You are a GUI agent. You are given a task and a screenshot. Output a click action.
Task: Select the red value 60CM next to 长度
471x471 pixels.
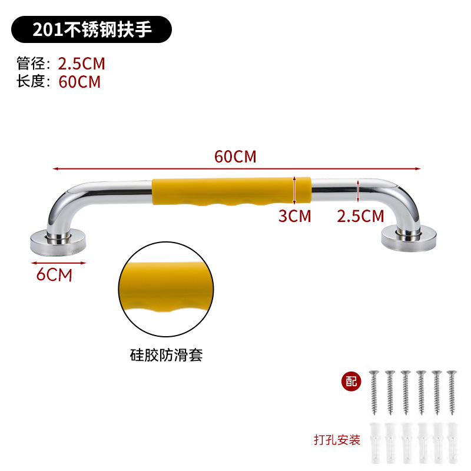(79, 81)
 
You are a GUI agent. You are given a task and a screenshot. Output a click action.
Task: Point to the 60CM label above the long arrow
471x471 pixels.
(235, 157)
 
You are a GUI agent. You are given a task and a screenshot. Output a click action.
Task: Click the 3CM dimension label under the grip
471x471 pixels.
(294, 216)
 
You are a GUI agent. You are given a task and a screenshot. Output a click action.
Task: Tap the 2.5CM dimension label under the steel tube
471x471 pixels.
(360, 216)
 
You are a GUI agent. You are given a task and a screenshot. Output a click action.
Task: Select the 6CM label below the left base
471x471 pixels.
(54, 274)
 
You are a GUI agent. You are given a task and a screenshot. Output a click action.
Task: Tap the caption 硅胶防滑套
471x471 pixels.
(165, 355)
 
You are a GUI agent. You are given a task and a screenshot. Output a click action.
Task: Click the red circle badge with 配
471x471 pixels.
(351, 380)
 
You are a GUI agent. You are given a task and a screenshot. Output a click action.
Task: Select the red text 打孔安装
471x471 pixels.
(337, 440)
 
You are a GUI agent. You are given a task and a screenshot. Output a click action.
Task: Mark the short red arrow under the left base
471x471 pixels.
(55, 263)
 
